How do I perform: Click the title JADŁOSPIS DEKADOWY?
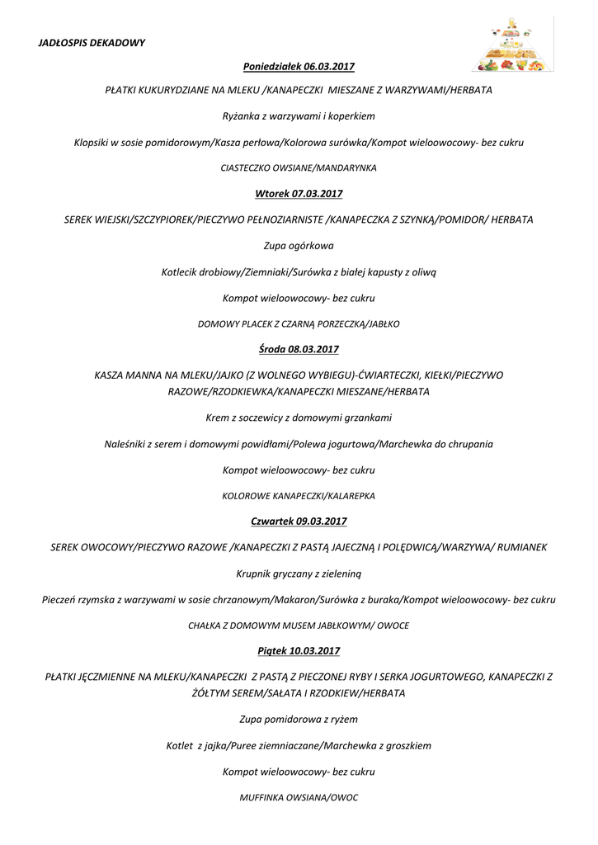pyautogui.click(x=92, y=42)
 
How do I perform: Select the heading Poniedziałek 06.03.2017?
pyautogui.click(x=299, y=65)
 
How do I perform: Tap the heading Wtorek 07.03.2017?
pyautogui.click(x=299, y=194)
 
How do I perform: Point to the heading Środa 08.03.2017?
pyautogui.click(x=299, y=349)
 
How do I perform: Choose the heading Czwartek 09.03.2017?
pyautogui.click(x=299, y=521)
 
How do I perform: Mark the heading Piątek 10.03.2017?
pyautogui.click(x=299, y=650)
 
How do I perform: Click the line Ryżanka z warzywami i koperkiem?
pyautogui.click(x=299, y=116)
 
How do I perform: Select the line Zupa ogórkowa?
pyautogui.click(x=299, y=245)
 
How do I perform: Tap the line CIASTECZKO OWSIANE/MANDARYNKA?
pyautogui.click(x=299, y=168)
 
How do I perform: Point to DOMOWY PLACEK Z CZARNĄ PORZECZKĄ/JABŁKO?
pyautogui.click(x=299, y=324)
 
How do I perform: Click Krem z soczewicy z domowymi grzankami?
pyautogui.click(x=299, y=418)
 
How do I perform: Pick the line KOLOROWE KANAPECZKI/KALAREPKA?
pyautogui.click(x=299, y=496)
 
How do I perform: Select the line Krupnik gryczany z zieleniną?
pyautogui.click(x=299, y=573)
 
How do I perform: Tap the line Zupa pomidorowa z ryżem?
pyautogui.click(x=299, y=720)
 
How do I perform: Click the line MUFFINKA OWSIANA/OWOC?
pyautogui.click(x=299, y=798)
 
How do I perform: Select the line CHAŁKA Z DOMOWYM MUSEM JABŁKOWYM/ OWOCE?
pyautogui.click(x=299, y=625)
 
